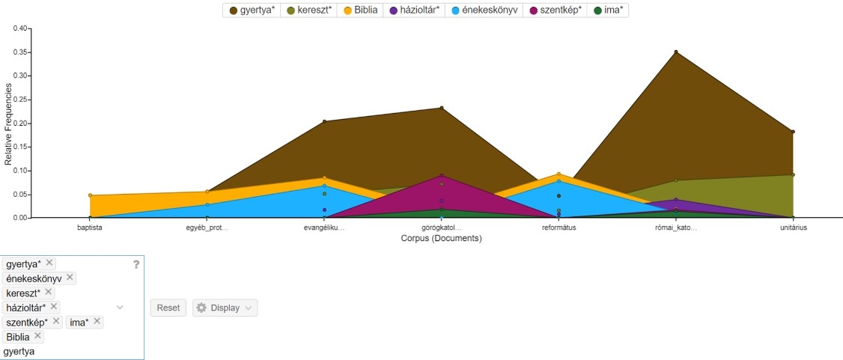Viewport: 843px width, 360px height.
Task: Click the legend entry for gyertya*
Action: [252, 10]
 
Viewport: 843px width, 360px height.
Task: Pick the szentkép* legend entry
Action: [556, 10]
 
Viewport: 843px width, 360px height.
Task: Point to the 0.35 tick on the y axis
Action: [20, 52]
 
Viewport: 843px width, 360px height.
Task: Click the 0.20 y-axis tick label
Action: [20, 123]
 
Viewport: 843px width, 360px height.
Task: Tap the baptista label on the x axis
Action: [90, 228]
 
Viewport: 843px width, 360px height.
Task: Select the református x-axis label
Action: [559, 228]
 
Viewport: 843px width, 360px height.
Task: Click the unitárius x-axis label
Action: [793, 228]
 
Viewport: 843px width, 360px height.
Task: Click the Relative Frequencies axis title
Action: [8, 123]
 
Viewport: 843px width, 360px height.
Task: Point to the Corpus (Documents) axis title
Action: [440, 239]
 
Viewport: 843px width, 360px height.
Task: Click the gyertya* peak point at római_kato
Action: [675, 52]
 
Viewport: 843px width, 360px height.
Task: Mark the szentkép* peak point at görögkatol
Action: [442, 176]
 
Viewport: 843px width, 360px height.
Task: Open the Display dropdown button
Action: [225, 308]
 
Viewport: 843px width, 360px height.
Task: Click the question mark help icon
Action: [136, 264]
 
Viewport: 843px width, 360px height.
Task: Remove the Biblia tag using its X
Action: [38, 336]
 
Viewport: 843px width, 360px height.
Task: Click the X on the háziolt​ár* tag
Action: [54, 307]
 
